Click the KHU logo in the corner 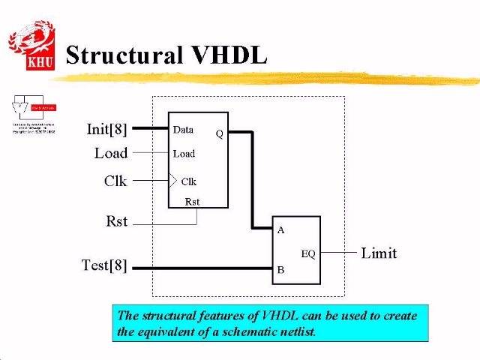coord(31,46)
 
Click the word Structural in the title coord(124,55)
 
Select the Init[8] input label coord(107,129)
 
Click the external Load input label coord(111,153)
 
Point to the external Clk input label coord(115,181)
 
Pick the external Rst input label coord(117,222)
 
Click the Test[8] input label coord(104,265)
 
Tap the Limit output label coord(379,253)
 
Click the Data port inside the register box coord(183,130)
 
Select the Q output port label coord(220,134)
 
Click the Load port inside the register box coord(184,154)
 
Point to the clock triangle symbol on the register coord(173,181)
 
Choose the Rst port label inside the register coord(192,201)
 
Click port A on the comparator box coord(281,230)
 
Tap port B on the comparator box coord(281,269)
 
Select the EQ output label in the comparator coord(308,253)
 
